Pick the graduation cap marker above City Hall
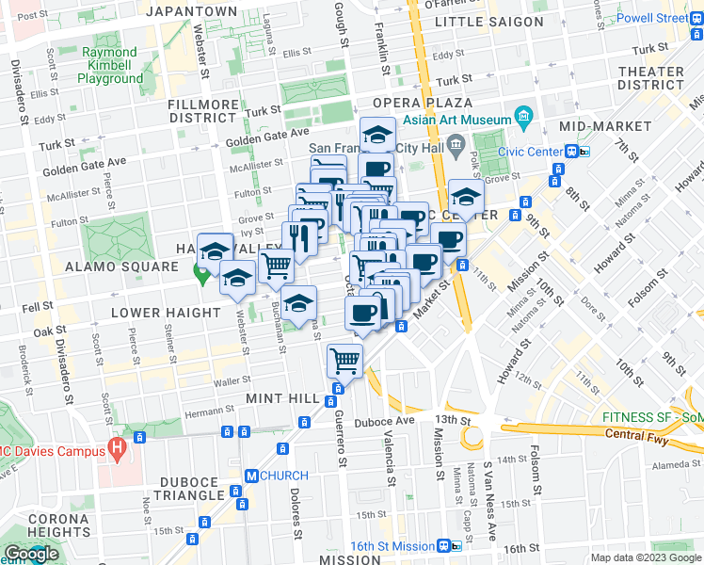pyautogui.click(x=378, y=135)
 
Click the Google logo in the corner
pyautogui.click(x=31, y=555)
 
